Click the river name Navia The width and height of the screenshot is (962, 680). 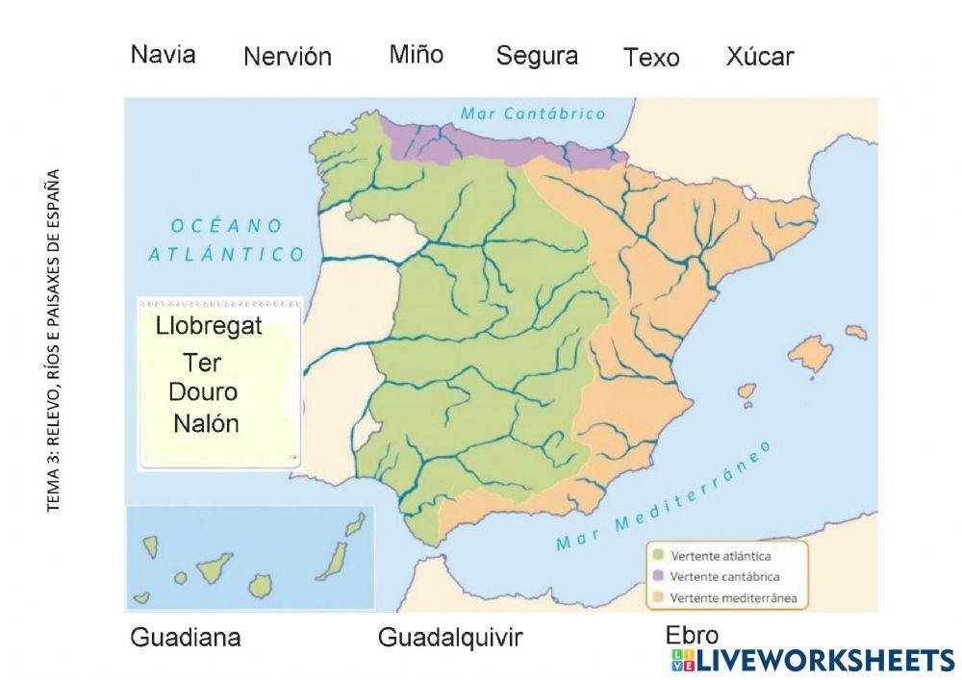(x=163, y=54)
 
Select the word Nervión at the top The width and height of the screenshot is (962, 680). (x=287, y=57)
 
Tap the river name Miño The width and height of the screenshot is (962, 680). (x=416, y=54)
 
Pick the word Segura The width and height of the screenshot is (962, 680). (x=536, y=56)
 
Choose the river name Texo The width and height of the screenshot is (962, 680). (x=650, y=58)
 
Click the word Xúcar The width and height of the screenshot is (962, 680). (x=759, y=57)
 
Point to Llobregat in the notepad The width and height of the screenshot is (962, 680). (x=208, y=327)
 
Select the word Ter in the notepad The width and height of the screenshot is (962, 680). (x=202, y=363)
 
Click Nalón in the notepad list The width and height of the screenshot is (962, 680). (x=206, y=424)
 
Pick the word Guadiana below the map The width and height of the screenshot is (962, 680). (x=185, y=638)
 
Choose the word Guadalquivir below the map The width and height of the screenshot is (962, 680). (x=449, y=638)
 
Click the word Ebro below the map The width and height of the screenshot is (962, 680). (x=692, y=635)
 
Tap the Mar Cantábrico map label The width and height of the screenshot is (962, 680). (x=533, y=113)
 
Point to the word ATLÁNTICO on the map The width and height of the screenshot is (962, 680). (x=226, y=255)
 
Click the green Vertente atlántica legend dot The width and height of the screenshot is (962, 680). (x=658, y=555)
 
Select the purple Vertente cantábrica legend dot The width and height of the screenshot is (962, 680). (x=658, y=576)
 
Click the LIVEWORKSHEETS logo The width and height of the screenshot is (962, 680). (x=813, y=660)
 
